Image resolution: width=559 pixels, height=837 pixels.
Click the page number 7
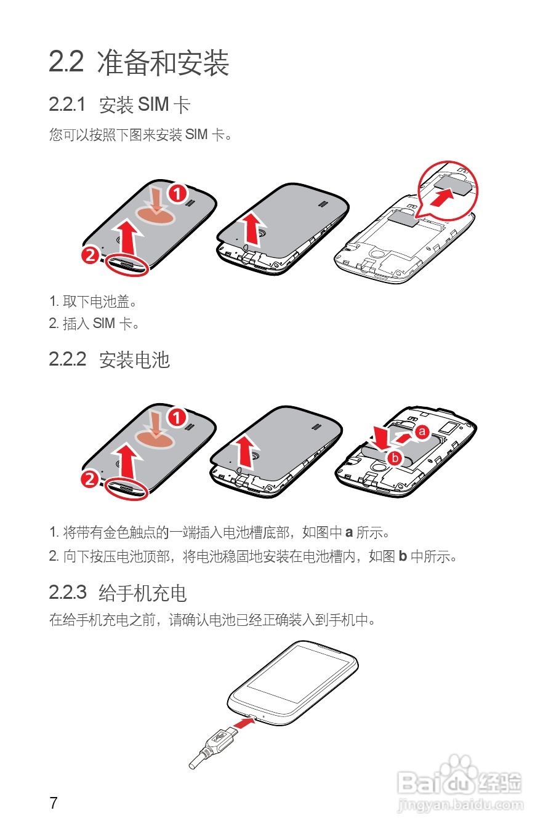coord(54,803)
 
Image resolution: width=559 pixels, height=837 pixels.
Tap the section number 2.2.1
coord(67,104)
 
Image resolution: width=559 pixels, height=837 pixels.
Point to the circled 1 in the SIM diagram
coord(178,193)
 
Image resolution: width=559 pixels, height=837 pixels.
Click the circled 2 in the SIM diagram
coord(90,255)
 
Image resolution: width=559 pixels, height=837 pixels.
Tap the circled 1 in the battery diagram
coord(177,417)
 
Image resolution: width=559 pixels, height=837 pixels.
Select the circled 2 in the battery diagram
coord(90,479)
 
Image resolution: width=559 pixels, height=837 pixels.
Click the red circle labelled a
coord(422,432)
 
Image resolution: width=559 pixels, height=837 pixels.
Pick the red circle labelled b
coord(395,458)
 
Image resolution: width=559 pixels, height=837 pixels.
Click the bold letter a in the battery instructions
coord(349,532)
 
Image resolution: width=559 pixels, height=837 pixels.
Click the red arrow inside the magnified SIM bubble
coord(443,197)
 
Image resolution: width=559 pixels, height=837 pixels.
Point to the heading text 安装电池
coord(135,359)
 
